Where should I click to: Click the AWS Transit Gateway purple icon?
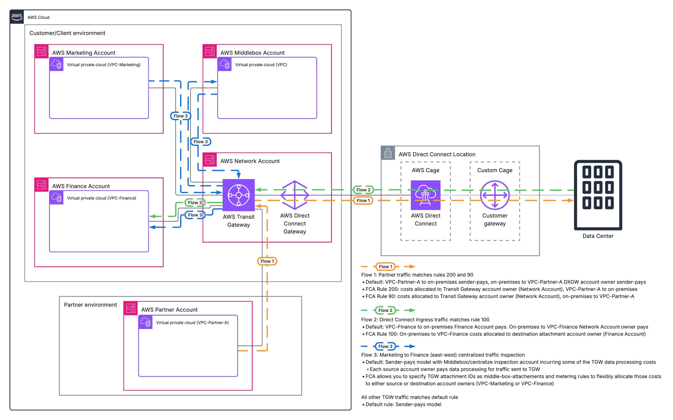pyautogui.click(x=239, y=195)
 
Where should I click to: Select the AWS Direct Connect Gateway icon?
pyautogui.click(x=294, y=195)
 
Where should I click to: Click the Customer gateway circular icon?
pyautogui.click(x=494, y=195)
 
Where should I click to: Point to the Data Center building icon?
pyautogui.click(x=598, y=195)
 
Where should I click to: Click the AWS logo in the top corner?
pyautogui.click(x=17, y=17)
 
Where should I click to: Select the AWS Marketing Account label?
pyautogui.click(x=84, y=53)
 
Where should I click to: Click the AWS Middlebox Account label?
pyautogui.click(x=252, y=53)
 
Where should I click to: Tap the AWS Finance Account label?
pyautogui.click(x=81, y=186)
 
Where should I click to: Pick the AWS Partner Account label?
pyautogui.click(x=169, y=309)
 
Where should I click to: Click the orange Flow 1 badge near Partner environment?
pyautogui.click(x=267, y=261)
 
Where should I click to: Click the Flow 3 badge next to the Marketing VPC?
pyautogui.click(x=181, y=116)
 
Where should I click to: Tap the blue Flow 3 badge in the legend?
pyautogui.click(x=385, y=346)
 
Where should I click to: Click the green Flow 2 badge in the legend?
pyautogui.click(x=385, y=310)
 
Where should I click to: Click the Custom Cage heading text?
pyautogui.click(x=494, y=170)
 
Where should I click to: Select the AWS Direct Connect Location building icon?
pyautogui.click(x=388, y=153)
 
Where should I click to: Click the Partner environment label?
pyautogui.click(x=90, y=305)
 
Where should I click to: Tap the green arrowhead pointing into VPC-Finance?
pyautogui.click(x=152, y=216)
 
